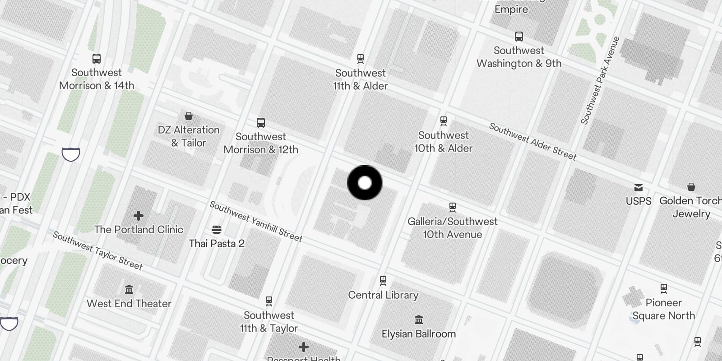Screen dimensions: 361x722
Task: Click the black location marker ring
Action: point(365,183)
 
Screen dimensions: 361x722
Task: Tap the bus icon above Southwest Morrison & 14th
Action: point(97,58)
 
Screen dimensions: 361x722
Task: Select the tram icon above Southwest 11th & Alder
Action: point(361,59)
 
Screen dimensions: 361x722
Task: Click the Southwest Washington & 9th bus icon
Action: point(519,37)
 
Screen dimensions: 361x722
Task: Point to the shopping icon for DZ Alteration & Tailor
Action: point(189,116)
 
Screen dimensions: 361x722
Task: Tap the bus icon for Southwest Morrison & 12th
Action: point(261,122)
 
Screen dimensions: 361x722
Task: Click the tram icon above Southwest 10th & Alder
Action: point(444,121)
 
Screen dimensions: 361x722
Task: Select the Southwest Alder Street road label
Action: point(532,142)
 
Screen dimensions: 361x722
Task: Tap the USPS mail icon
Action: point(639,188)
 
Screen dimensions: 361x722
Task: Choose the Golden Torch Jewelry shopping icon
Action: point(691,187)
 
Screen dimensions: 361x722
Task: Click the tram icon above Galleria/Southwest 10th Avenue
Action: point(453,207)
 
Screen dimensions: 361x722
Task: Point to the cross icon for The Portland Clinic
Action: point(139,215)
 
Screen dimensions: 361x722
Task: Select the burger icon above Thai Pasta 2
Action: point(217,230)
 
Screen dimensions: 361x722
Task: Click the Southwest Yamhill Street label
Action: point(256,221)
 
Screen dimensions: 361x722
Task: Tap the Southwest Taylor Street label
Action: point(98,250)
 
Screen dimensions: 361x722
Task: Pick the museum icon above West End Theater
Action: point(129,289)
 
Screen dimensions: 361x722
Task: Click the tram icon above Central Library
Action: point(383,281)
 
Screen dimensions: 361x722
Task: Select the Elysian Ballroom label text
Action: point(419,334)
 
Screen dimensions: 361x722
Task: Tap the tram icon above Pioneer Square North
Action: point(664,288)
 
